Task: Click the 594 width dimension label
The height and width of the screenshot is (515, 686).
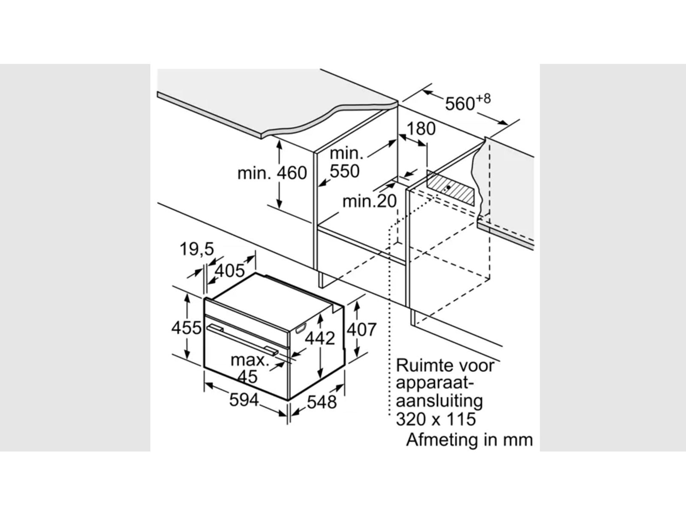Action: click(x=244, y=400)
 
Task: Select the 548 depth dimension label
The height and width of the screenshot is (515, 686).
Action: click(x=322, y=402)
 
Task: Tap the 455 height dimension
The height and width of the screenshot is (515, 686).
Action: click(x=186, y=328)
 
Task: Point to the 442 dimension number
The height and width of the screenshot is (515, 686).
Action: click(x=320, y=338)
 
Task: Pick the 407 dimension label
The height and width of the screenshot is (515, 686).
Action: click(x=361, y=330)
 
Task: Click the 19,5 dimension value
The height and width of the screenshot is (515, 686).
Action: click(x=197, y=249)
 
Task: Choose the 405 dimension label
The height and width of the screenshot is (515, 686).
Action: click(x=230, y=271)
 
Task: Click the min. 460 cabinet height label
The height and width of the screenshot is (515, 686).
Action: click(x=272, y=173)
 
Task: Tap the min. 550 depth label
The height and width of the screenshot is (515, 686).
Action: click(x=345, y=162)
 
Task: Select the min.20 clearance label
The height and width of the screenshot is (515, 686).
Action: click(x=370, y=201)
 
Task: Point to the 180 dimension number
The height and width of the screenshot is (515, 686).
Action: click(x=421, y=129)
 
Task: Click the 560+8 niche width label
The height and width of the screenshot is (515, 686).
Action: click(x=467, y=102)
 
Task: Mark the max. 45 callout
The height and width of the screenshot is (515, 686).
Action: click(x=249, y=368)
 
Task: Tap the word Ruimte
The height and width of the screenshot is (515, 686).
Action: click(x=424, y=366)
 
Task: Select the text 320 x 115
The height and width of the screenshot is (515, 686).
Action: click(x=436, y=419)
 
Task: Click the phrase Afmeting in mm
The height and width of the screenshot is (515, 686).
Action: click(x=469, y=440)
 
